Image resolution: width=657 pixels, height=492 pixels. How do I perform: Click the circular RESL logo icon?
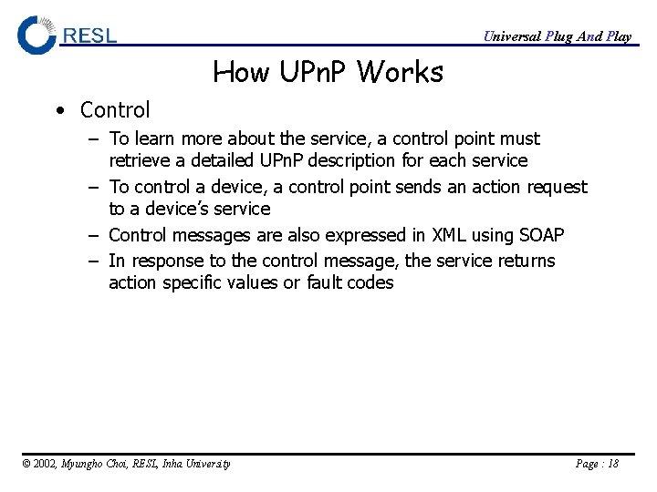pyautogui.click(x=37, y=35)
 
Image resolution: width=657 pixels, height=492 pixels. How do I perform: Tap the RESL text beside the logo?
pyautogui.click(x=89, y=36)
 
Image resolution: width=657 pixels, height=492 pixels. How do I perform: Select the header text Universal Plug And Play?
pyautogui.click(x=557, y=36)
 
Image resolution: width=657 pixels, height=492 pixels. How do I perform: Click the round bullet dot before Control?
pyautogui.click(x=59, y=111)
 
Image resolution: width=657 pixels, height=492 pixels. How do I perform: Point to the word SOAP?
pyautogui.click(x=541, y=235)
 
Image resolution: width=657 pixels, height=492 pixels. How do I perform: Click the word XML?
pyautogui.click(x=449, y=235)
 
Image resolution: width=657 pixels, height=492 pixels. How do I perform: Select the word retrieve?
pyautogui.click(x=137, y=161)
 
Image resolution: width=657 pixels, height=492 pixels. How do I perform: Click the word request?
pyautogui.click(x=557, y=188)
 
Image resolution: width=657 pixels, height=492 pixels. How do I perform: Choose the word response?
pyautogui.click(x=168, y=261)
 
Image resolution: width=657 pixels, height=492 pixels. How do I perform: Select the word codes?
pyautogui.click(x=371, y=282)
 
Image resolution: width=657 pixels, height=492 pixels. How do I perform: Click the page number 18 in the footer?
pyautogui.click(x=611, y=464)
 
